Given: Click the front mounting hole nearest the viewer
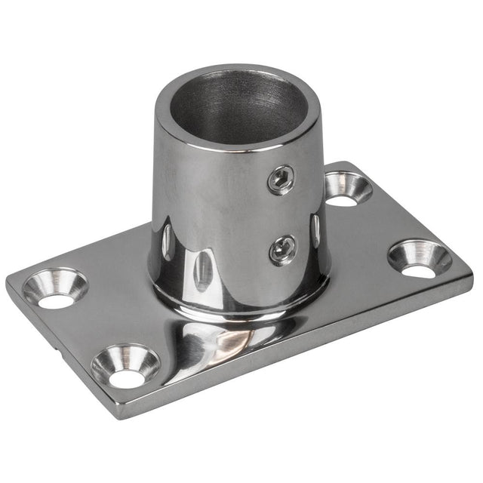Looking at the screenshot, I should [125, 365].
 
